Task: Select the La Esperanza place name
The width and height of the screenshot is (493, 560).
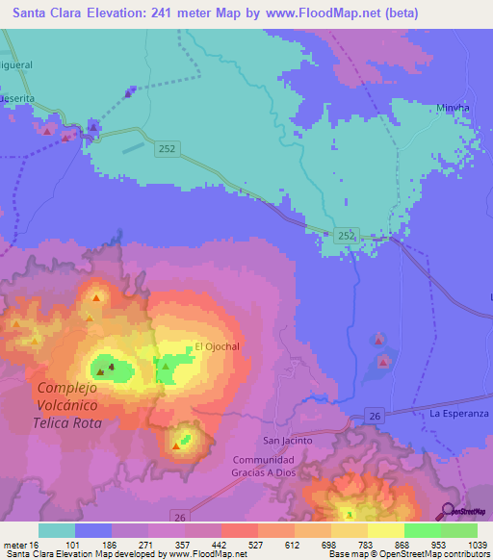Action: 459,413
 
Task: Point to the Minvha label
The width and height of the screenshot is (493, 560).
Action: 452,108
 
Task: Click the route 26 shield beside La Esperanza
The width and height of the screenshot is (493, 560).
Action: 376,415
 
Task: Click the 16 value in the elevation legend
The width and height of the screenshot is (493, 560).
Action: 35,545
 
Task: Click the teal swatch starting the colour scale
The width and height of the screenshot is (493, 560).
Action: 56,530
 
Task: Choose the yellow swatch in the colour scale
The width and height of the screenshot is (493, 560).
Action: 385,530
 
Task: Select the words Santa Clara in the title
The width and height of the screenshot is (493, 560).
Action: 43,11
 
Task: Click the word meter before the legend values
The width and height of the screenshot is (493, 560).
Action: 15,545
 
